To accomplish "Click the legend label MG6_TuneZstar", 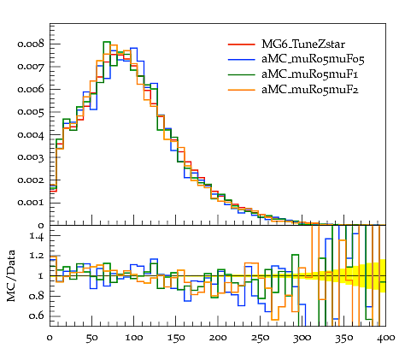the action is coord(303,44).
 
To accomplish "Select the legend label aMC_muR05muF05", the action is coord(313,59).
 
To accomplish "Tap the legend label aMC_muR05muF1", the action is coord(309,74).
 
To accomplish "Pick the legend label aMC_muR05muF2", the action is coord(310,90).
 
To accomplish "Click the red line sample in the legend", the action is coord(241,44).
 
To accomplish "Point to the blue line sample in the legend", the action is coord(241,59).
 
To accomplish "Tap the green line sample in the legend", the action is coord(241,74).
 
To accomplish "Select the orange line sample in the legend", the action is coord(241,90).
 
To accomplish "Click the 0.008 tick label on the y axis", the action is coord(31,44).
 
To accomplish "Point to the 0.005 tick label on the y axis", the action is coord(31,112).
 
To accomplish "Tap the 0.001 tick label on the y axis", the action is coord(31,203).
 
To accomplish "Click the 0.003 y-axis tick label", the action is coord(31,157).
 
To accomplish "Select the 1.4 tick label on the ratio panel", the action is coord(37,236).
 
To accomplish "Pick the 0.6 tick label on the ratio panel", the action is coord(37,316).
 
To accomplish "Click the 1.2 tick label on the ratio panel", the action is coord(37,256).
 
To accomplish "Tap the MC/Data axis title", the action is coord(11,276).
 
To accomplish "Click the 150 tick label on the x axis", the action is coord(175,338).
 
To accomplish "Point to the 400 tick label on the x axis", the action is coord(385,338).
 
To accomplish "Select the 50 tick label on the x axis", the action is coord(91,338).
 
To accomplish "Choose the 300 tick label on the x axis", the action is coord(302,338).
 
